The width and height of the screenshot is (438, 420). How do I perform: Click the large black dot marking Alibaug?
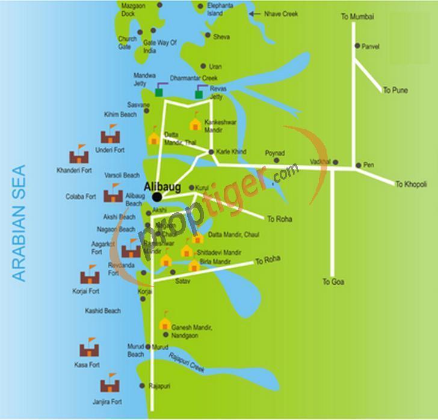157,196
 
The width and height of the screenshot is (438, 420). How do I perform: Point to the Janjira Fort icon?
109,383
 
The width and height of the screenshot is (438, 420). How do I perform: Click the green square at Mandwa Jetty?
159,93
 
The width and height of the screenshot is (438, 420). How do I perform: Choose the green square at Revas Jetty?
199,94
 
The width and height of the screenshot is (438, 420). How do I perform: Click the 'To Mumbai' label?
357,17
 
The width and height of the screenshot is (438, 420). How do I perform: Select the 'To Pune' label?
395,90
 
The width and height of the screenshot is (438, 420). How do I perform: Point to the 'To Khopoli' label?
411,184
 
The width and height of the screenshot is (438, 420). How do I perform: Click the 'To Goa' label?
333,281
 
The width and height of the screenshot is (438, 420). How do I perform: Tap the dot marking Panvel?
357,46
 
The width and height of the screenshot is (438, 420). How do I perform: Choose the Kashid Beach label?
103,311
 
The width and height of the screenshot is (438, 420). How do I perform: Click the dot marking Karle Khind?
211,152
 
